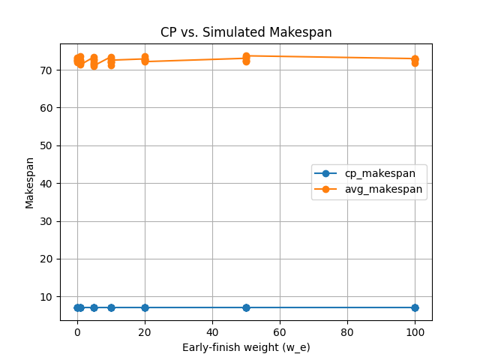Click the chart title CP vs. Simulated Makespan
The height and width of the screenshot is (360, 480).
[246, 32]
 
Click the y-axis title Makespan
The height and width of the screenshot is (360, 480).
[30, 182]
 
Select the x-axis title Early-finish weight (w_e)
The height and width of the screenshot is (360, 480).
[246, 347]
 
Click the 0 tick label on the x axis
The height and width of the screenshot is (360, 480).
[77, 331]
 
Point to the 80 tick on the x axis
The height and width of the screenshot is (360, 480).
[347, 331]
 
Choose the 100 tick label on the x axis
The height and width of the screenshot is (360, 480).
[415, 331]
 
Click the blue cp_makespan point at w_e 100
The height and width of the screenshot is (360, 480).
[415, 307]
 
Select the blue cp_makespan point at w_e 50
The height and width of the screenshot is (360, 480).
[246, 307]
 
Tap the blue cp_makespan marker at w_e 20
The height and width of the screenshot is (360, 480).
[145, 307]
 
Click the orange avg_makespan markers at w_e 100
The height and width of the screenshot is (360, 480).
[415, 60]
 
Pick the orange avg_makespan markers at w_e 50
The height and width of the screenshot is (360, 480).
[246, 58]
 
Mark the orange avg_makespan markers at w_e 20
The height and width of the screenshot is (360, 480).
[145, 58]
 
